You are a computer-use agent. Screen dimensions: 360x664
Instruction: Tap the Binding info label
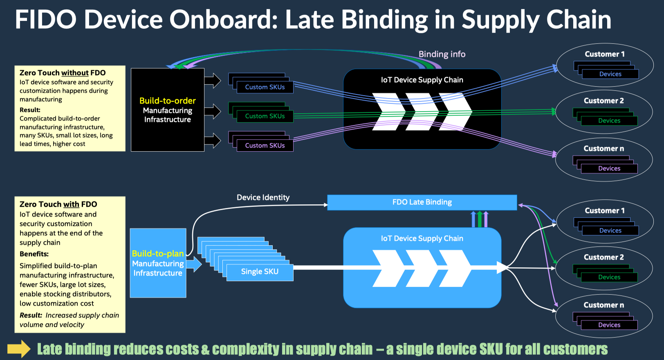[x=442, y=54]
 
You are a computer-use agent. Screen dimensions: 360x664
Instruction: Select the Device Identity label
[x=263, y=197]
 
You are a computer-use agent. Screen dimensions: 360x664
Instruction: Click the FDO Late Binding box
[x=422, y=202]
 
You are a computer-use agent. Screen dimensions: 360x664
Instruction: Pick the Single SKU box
[x=260, y=272]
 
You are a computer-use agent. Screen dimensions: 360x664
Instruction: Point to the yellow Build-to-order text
[x=168, y=101]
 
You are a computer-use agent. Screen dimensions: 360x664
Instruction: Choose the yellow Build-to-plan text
[x=157, y=253]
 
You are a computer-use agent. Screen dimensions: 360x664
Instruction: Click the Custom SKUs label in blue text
[x=265, y=87]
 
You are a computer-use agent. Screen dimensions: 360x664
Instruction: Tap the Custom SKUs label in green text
[x=265, y=116]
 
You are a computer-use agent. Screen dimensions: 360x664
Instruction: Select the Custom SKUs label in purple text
[x=265, y=145]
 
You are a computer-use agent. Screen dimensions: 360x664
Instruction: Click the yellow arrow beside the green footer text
[x=19, y=349]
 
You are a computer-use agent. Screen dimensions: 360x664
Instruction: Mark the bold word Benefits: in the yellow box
[x=34, y=254]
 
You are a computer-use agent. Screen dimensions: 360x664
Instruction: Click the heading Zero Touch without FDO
[x=63, y=73]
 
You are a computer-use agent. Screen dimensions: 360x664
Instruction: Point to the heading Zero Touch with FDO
[x=58, y=204]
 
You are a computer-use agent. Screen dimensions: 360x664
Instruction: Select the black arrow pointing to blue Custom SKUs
[x=213, y=80]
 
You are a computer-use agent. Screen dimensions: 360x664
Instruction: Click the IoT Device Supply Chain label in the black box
[x=422, y=80]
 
